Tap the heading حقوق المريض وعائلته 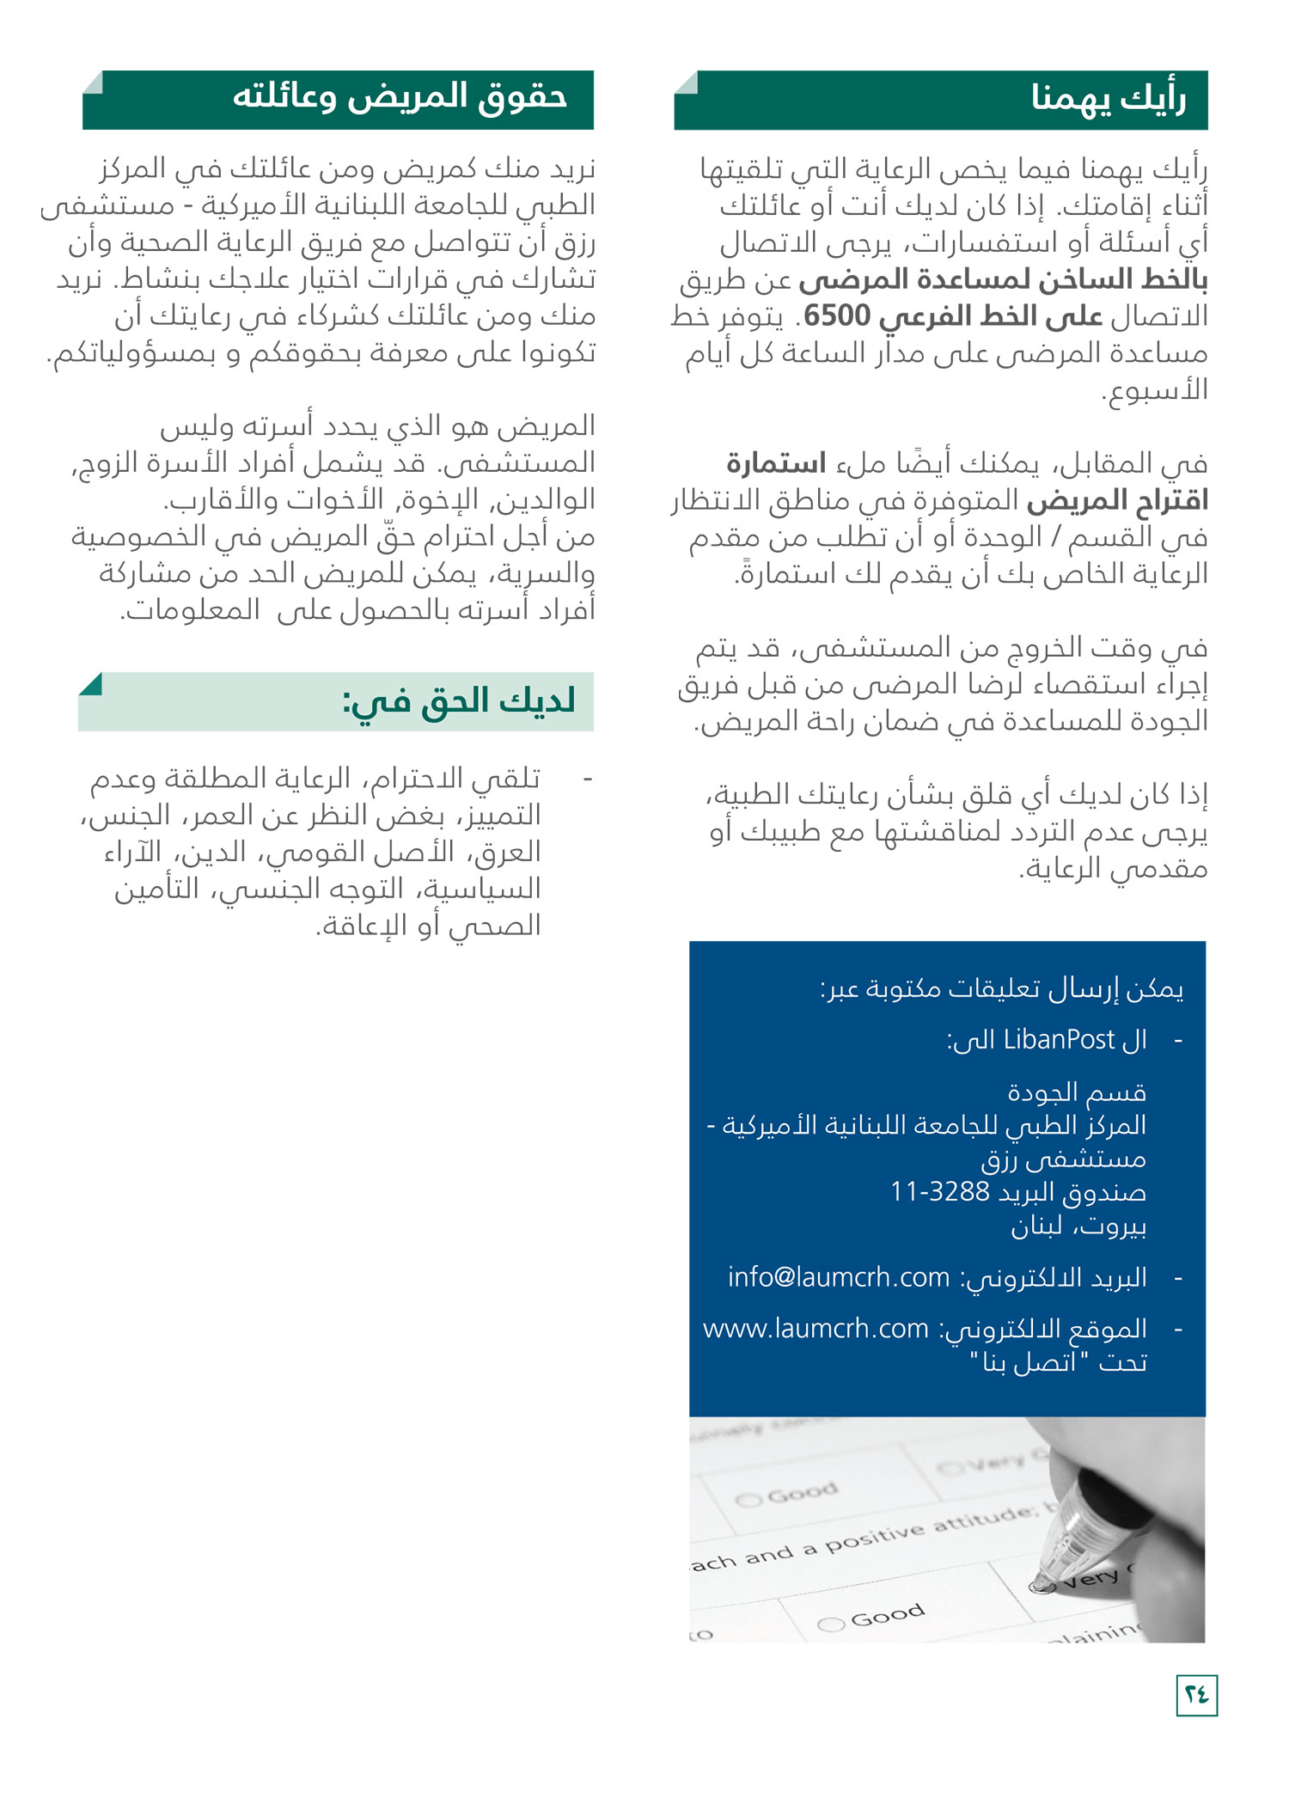click(x=400, y=96)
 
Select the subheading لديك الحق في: click(x=459, y=702)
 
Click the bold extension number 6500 click(x=837, y=316)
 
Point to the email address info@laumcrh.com click(x=839, y=1277)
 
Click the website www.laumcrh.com click(x=816, y=1329)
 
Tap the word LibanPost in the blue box click(x=1059, y=1040)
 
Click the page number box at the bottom click(x=1196, y=1694)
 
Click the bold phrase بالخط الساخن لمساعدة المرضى click(x=1003, y=280)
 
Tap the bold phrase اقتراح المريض click(x=1117, y=500)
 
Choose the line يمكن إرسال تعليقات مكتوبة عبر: click(x=1001, y=989)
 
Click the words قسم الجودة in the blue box click(x=1077, y=1092)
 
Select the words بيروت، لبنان click(x=1078, y=1226)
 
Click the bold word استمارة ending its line click(x=775, y=464)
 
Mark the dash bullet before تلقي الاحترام click(x=588, y=779)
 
